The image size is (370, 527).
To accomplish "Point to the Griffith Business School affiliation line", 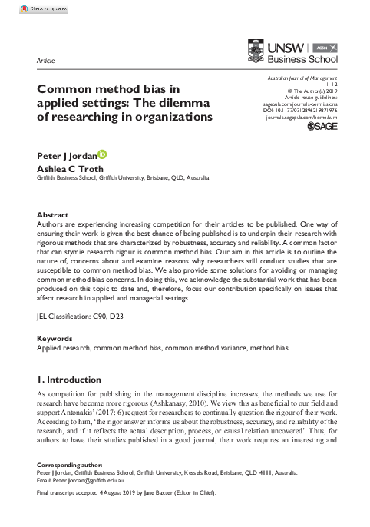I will coord(123,177).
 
